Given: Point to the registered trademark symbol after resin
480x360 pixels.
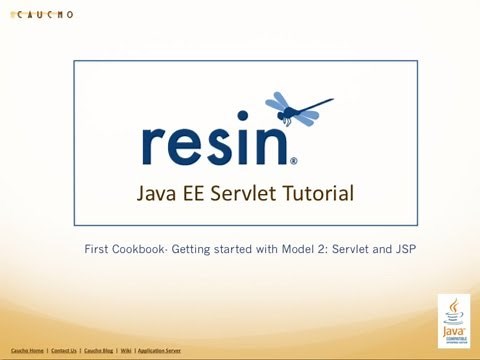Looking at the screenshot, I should pyautogui.click(x=293, y=160).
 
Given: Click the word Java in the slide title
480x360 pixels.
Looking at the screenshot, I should pyautogui.click(x=156, y=192).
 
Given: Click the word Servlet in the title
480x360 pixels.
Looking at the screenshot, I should pyautogui.click(x=250, y=192).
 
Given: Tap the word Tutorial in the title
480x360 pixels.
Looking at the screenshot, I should pyautogui.click(x=321, y=192).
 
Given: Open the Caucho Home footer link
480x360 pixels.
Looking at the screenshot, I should pyautogui.click(x=27, y=351).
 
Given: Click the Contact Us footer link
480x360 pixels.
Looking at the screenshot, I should pyautogui.click(x=64, y=351).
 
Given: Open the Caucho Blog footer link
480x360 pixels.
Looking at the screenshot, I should pyautogui.click(x=99, y=351).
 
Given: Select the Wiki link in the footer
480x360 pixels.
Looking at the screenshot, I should pyautogui.click(x=126, y=351).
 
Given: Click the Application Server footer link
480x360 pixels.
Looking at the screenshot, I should pyautogui.click(x=160, y=351).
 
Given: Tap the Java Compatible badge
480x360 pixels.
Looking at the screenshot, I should pyautogui.click(x=454, y=319).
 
